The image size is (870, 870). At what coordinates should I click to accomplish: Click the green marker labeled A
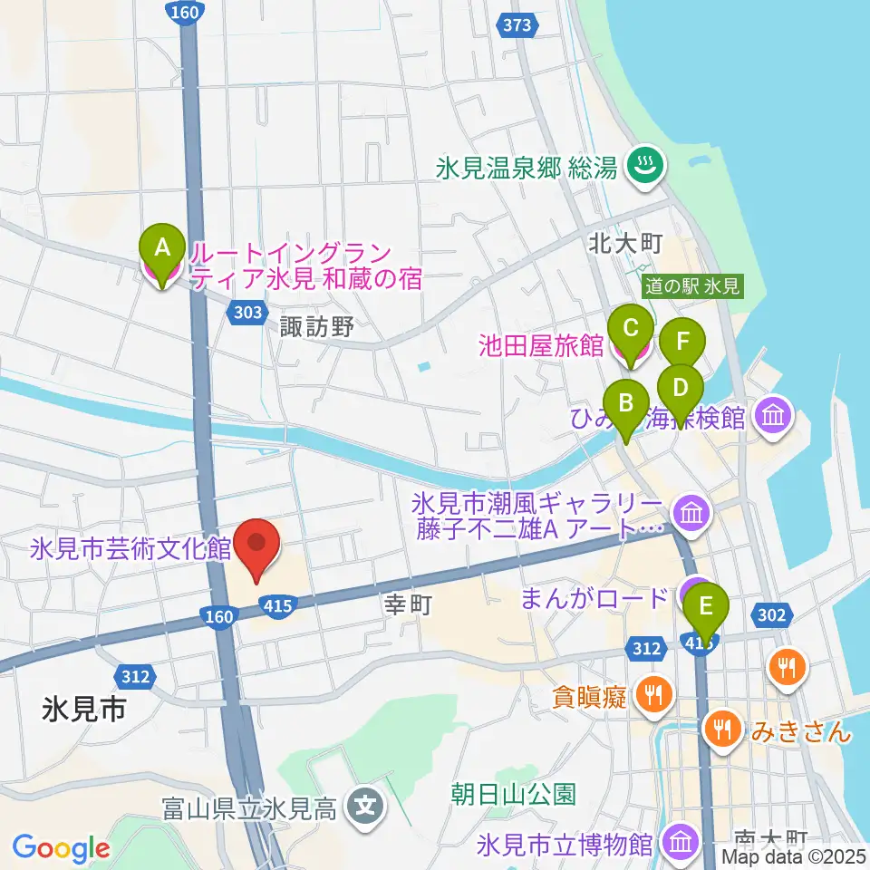[162, 246]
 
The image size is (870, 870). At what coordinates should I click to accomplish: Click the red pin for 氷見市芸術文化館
[256, 544]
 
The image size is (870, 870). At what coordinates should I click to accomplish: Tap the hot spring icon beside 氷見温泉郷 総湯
[647, 166]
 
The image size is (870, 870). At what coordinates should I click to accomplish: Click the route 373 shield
[517, 25]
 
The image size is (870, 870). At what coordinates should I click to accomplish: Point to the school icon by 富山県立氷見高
[366, 803]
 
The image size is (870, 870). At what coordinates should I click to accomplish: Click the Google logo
[61, 849]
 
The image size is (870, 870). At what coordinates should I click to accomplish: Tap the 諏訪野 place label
[316, 327]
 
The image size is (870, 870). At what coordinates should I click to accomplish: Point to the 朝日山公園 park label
[514, 796]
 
